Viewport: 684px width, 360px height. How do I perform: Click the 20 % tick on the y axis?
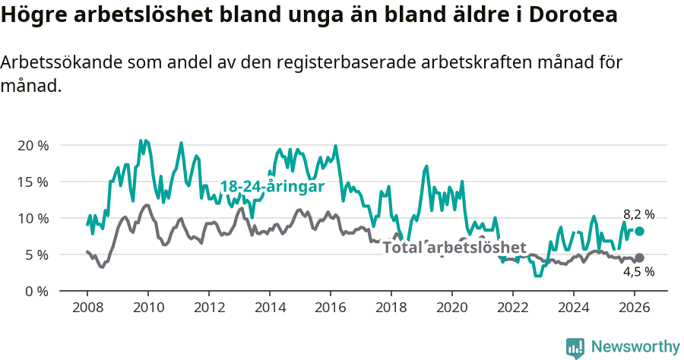coord(33,145)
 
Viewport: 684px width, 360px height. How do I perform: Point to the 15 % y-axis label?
coord(33,182)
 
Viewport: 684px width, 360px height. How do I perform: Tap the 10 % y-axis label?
coord(33,218)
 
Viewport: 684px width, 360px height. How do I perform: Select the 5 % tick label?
coord(36,254)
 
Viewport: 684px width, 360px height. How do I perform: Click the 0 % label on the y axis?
coord(36,291)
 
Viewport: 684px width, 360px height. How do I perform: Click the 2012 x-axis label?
coord(208,308)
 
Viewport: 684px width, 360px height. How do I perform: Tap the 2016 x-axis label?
coord(330,308)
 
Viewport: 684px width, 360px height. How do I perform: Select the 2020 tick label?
coord(451,308)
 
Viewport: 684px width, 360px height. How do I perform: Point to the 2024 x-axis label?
coord(573,308)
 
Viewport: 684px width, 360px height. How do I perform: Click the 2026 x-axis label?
coord(634,308)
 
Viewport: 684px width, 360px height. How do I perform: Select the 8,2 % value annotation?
coord(638,215)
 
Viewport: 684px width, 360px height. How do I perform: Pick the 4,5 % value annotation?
coord(638,272)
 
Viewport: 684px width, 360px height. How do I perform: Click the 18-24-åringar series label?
coord(272,187)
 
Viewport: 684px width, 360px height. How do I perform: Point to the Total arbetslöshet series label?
coord(454,248)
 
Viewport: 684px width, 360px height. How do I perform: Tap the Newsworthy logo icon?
coord(575,347)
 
